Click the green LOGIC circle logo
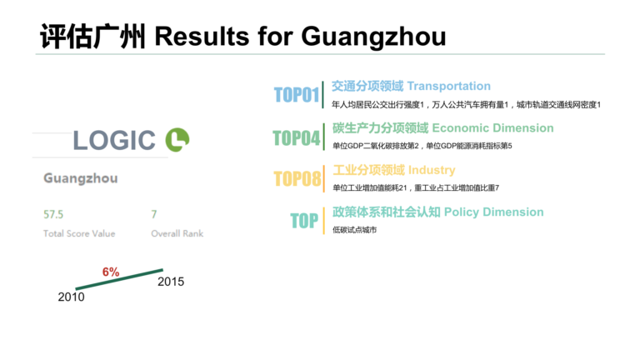[x=177, y=140]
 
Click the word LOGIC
[x=114, y=140]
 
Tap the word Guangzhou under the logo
[x=80, y=178]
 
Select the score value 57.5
[x=53, y=214]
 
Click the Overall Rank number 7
[x=154, y=214]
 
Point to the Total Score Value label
[x=79, y=233]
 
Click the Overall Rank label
[x=177, y=233]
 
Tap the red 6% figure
[x=111, y=272]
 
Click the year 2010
[x=71, y=297]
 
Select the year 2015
[x=171, y=282]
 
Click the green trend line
[x=119, y=279]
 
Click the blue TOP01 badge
[x=297, y=95]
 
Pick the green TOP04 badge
[x=297, y=138]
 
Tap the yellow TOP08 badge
[x=297, y=179]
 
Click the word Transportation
[x=449, y=86]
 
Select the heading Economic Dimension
[x=492, y=128]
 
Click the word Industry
[x=432, y=170]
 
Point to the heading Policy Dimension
[x=494, y=212]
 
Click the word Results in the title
[x=202, y=36]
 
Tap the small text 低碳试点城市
[x=354, y=230]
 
